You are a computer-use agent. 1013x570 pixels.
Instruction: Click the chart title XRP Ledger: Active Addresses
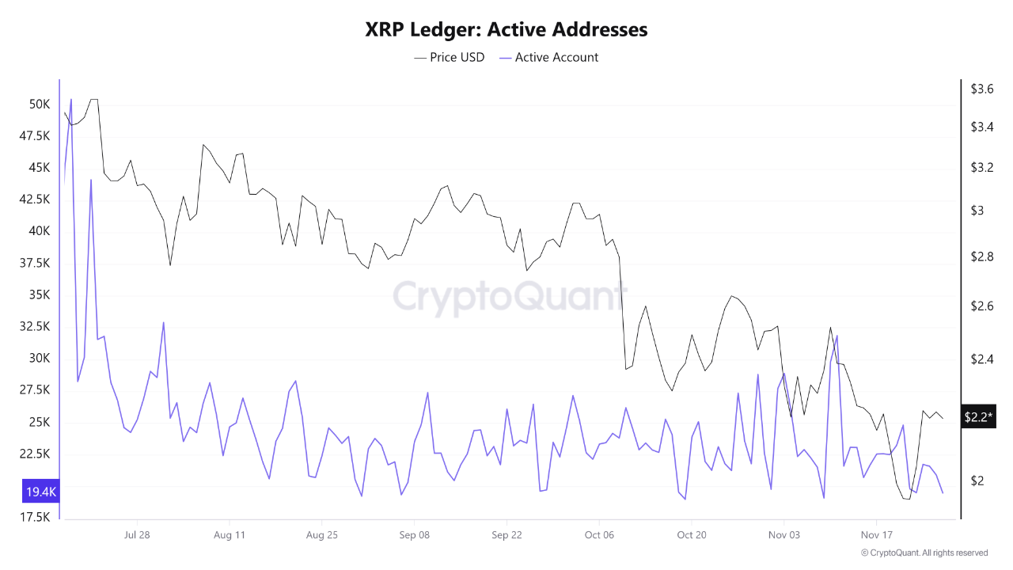(x=506, y=30)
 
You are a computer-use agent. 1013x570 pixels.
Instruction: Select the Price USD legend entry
(x=450, y=57)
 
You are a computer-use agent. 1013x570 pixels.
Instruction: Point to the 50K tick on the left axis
(x=40, y=104)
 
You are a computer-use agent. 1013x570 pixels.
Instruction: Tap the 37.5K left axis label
(x=36, y=263)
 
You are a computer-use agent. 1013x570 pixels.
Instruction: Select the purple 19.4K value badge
(x=41, y=492)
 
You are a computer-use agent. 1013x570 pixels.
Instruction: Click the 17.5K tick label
(x=36, y=517)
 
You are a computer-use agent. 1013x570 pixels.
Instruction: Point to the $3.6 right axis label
(x=982, y=89)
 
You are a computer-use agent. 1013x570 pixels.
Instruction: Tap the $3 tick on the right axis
(x=977, y=211)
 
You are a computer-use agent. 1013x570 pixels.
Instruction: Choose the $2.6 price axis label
(x=982, y=306)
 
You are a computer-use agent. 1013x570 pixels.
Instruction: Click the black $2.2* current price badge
(x=978, y=416)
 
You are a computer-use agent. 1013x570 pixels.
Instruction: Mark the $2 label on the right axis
(x=977, y=481)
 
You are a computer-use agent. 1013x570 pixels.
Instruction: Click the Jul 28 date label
(x=137, y=534)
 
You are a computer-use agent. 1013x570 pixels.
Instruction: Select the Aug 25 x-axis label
(x=321, y=534)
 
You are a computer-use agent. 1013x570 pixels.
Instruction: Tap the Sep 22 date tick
(x=506, y=534)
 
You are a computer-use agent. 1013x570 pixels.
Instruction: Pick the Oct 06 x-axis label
(x=599, y=534)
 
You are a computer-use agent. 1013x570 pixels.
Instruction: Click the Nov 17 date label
(x=876, y=534)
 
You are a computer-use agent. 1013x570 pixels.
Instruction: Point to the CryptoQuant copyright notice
(x=924, y=553)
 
